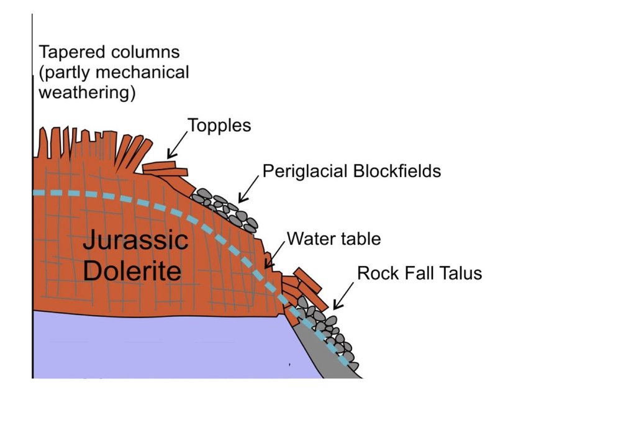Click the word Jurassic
tap(135, 240)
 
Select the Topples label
tap(219, 125)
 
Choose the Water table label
tap(333, 239)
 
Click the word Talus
tap(458, 273)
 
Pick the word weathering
tap(87, 93)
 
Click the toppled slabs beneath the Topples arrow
tap(165, 169)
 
